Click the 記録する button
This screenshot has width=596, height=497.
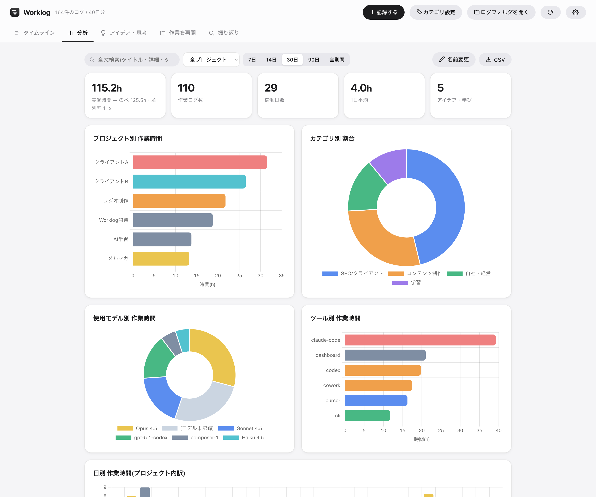[383, 12]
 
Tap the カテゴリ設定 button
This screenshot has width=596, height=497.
[436, 12]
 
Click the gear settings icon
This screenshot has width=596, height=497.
[576, 12]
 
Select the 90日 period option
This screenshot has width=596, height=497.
[314, 60]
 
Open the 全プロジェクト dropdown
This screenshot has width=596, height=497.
[211, 60]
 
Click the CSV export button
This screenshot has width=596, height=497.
[495, 60]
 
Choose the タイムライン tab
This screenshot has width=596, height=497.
[35, 33]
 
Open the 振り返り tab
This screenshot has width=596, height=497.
[224, 33]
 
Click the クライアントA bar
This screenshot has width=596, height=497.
[200, 162]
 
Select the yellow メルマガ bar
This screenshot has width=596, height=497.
[161, 258]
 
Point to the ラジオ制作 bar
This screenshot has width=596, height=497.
[179, 201]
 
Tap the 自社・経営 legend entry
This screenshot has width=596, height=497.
[469, 274]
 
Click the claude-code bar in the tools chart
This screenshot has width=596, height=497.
[420, 340]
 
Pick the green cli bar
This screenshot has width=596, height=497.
[368, 415]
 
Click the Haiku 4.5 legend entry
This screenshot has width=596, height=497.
[244, 438]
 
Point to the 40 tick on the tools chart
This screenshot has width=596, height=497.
[498, 431]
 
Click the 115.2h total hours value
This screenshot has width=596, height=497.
[107, 88]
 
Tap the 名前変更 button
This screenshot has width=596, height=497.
[454, 60]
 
